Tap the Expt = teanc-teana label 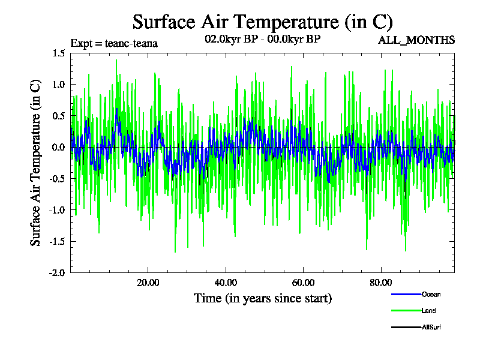click(x=114, y=43)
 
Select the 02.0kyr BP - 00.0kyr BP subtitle click(x=262, y=40)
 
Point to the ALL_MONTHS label click(x=416, y=40)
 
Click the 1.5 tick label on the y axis click(x=58, y=53)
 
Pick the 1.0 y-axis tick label click(x=58, y=85)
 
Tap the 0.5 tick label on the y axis click(x=58, y=116)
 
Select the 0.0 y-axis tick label click(x=58, y=147)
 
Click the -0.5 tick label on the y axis click(x=57, y=178)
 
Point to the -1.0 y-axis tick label click(x=57, y=210)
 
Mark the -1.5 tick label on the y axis click(x=57, y=241)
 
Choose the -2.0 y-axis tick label click(x=57, y=272)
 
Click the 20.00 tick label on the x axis click(x=147, y=283)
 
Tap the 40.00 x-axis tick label click(x=225, y=283)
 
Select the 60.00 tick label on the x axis click(x=303, y=283)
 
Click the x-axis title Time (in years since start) click(x=262, y=298)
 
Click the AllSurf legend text click(x=432, y=327)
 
